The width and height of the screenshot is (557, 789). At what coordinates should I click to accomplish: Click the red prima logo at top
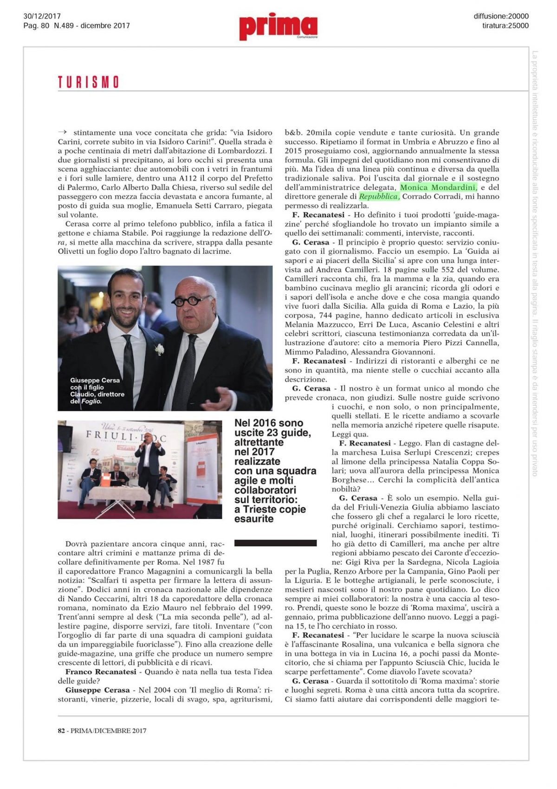coord(278,26)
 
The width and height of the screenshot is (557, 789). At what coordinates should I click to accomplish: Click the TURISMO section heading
coord(88,83)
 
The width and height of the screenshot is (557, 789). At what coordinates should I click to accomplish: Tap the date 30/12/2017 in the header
coord(42,16)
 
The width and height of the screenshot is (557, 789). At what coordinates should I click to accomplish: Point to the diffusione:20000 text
coord(501,16)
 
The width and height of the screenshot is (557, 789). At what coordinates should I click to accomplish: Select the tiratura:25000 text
coord(505,26)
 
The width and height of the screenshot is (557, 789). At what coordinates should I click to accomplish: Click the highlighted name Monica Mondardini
coord(438,188)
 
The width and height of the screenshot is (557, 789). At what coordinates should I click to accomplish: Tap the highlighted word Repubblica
coord(378,197)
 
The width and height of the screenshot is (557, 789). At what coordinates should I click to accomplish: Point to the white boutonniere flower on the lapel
coord(159,349)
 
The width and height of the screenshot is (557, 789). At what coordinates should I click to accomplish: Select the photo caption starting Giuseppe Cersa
coord(97,391)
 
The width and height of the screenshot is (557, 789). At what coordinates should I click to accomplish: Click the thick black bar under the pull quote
coord(275,543)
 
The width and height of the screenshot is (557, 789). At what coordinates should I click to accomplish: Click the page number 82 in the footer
coord(61,731)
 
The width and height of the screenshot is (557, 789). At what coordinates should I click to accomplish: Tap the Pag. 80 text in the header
coord(36,26)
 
